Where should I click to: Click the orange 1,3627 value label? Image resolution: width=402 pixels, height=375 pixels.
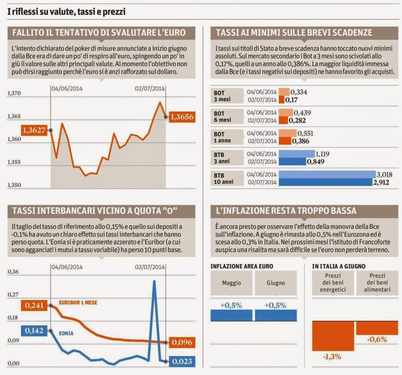34,129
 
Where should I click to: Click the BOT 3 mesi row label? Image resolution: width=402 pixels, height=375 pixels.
222,96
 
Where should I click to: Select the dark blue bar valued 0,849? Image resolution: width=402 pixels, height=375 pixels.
293,161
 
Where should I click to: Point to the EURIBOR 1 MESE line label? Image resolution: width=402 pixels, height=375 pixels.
78,303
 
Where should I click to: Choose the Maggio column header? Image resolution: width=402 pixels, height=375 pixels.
232,282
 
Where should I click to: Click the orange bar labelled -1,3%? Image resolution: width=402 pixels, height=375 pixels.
332,336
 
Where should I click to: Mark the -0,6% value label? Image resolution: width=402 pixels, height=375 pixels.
377,339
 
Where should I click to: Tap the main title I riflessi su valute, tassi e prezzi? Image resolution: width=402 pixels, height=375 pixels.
67,12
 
